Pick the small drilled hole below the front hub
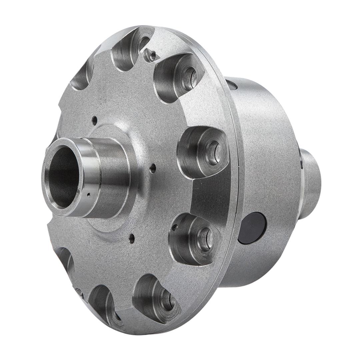click(132, 238)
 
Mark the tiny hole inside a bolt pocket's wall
click(174, 227)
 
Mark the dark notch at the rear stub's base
click(302, 160)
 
